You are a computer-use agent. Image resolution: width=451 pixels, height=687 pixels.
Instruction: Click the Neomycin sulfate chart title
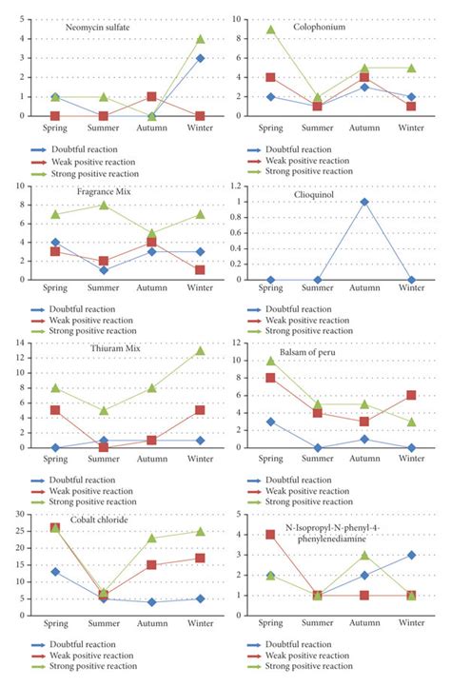[98, 28]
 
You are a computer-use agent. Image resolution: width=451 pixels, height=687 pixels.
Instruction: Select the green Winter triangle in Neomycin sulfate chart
[201, 39]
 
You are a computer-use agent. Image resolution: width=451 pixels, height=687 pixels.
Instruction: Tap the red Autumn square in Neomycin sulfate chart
[152, 97]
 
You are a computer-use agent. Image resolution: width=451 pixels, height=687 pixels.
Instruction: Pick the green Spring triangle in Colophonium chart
[271, 29]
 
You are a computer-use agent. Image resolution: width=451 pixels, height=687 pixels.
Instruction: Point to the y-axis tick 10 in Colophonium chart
[237, 19]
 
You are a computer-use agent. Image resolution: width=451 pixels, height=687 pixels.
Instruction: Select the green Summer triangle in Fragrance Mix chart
[104, 205]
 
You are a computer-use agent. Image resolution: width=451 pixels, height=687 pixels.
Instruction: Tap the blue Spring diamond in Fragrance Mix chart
[55, 243]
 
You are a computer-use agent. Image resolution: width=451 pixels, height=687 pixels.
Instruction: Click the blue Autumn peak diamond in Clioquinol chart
[364, 202]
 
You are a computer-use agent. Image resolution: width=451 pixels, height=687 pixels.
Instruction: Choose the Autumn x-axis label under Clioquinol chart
[364, 292]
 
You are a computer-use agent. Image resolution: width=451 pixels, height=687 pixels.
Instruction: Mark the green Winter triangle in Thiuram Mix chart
[201, 351]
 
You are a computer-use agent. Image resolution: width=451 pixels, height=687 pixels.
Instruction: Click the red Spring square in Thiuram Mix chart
[55, 411]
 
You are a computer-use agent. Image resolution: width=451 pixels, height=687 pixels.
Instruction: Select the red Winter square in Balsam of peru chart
[411, 396]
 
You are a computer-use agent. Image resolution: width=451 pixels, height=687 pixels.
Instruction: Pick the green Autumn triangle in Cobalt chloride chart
[152, 539]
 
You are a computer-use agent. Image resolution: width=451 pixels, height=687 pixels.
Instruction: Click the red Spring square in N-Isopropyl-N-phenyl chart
[271, 535]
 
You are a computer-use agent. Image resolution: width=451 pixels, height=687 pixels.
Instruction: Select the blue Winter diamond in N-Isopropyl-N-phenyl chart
[411, 555]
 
